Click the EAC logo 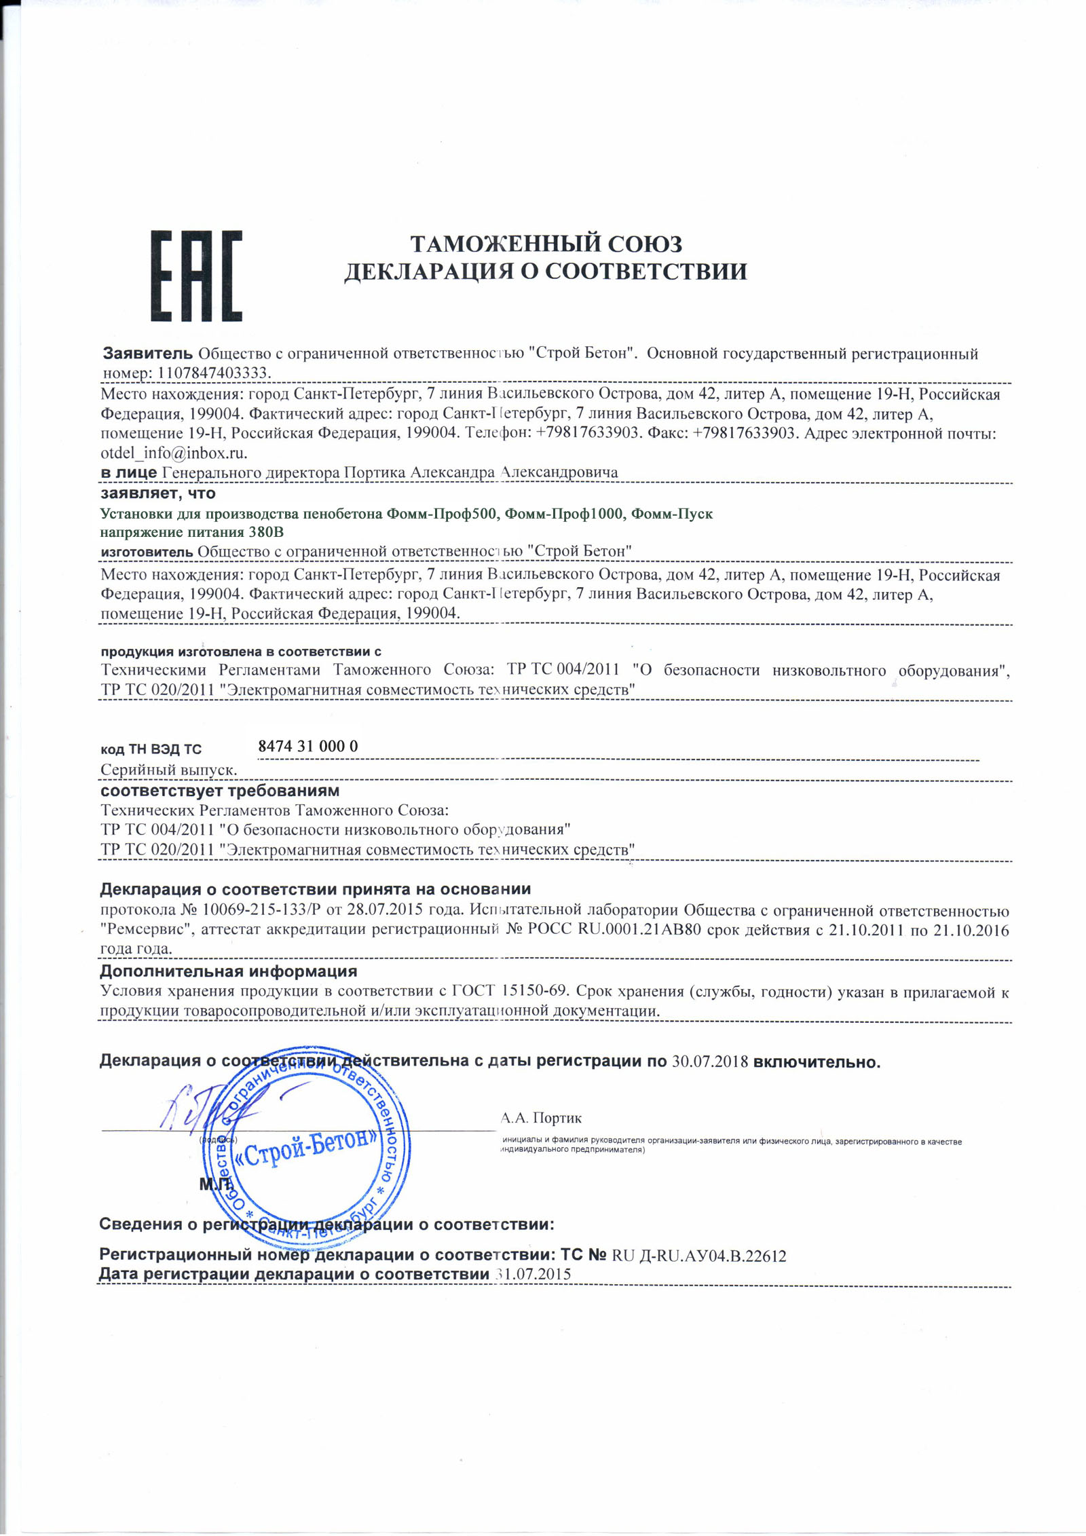(x=196, y=276)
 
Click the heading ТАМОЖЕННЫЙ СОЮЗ (x=546, y=244)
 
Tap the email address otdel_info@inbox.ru (x=174, y=452)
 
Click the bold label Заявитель (x=148, y=353)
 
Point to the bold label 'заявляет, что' (x=157, y=493)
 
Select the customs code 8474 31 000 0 (x=308, y=746)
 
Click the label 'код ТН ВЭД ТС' (x=151, y=749)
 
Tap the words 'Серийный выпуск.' (x=169, y=770)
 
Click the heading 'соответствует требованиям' (x=220, y=791)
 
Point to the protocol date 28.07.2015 (x=385, y=910)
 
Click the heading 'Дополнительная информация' (x=228, y=972)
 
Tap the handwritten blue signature (x=204, y=1113)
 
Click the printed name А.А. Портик (x=541, y=1118)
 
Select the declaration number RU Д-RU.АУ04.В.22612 (x=699, y=1256)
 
